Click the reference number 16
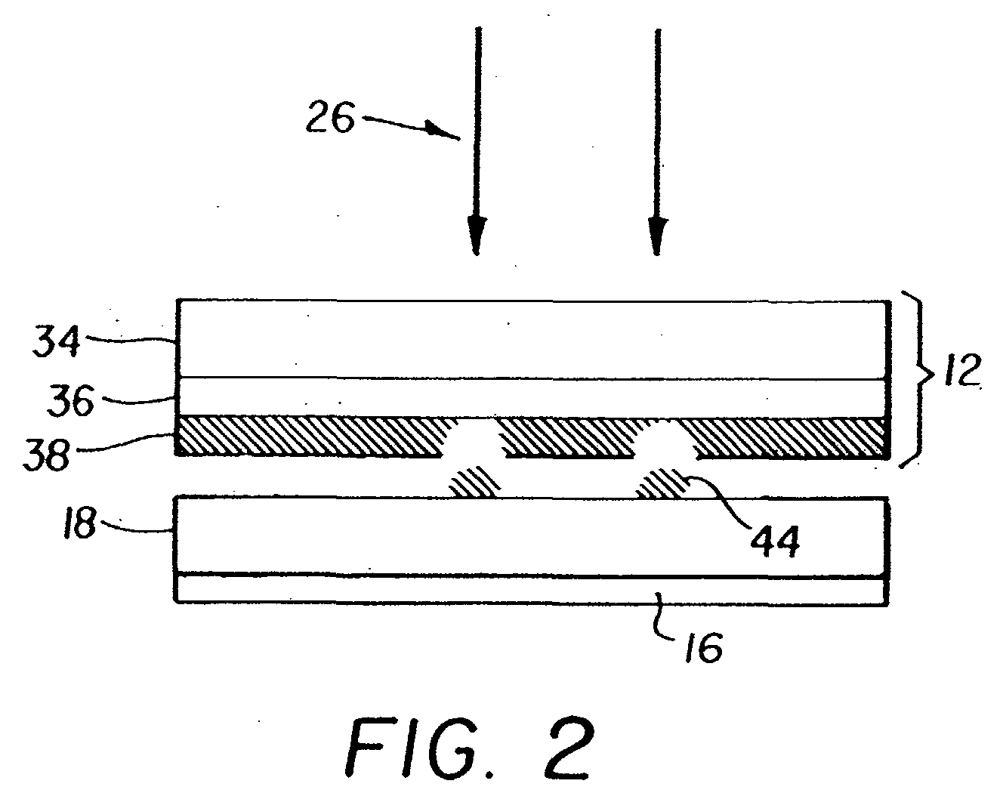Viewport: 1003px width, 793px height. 704,646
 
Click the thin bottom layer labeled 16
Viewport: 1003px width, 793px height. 529,590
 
